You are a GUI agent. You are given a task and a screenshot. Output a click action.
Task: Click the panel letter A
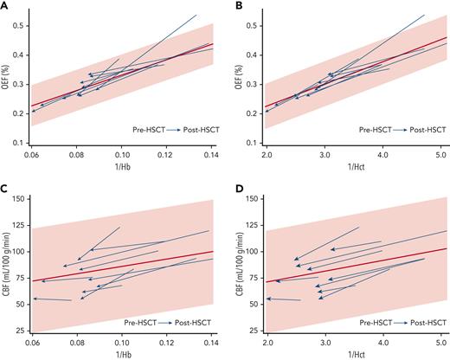4,5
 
